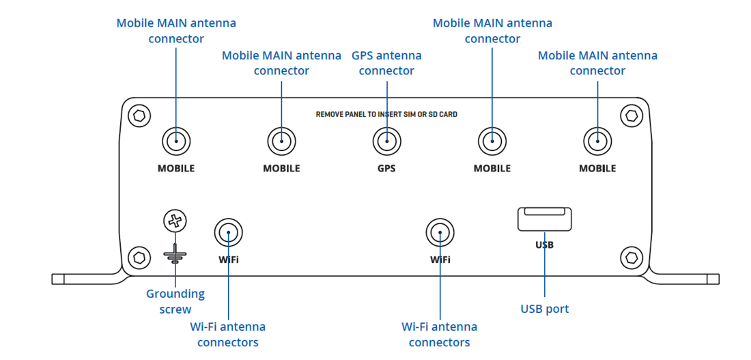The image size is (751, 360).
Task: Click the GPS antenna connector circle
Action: (386, 142)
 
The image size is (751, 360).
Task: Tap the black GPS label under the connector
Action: (386, 168)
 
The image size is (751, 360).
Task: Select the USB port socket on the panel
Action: (544, 219)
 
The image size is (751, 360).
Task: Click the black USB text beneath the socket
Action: (545, 245)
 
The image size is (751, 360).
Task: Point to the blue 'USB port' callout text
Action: (544, 309)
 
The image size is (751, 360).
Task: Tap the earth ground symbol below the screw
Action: (175, 255)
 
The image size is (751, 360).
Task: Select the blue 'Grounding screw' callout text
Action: (175, 301)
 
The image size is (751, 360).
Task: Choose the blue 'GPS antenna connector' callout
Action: (386, 63)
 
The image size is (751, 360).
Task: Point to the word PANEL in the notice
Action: (356, 115)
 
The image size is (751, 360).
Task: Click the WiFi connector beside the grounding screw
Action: (228, 234)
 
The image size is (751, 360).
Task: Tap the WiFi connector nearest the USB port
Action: (440, 234)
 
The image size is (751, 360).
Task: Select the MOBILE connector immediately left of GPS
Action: (281, 142)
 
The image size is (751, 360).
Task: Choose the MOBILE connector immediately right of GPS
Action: (492, 142)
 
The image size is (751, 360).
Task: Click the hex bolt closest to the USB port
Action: (631, 258)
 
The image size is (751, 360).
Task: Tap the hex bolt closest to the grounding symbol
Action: (139, 258)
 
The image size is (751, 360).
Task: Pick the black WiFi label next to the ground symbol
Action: (229, 260)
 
